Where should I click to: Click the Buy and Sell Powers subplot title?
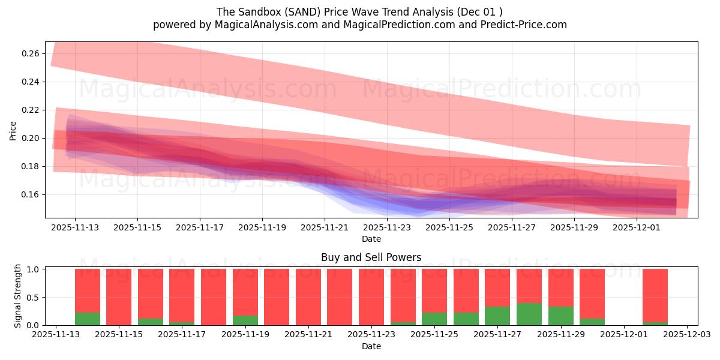371,257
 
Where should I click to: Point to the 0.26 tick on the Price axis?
30,53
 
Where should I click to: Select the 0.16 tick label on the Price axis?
30,194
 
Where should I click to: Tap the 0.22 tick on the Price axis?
30,110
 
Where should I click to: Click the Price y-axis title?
13,130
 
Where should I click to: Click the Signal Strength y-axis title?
18,296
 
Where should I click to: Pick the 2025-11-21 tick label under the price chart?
325,228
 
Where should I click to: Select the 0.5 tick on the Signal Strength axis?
34,297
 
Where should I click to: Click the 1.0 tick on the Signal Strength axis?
34,269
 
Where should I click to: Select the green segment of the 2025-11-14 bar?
88,319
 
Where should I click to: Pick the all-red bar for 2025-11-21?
308,297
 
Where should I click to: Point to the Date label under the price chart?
371,239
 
